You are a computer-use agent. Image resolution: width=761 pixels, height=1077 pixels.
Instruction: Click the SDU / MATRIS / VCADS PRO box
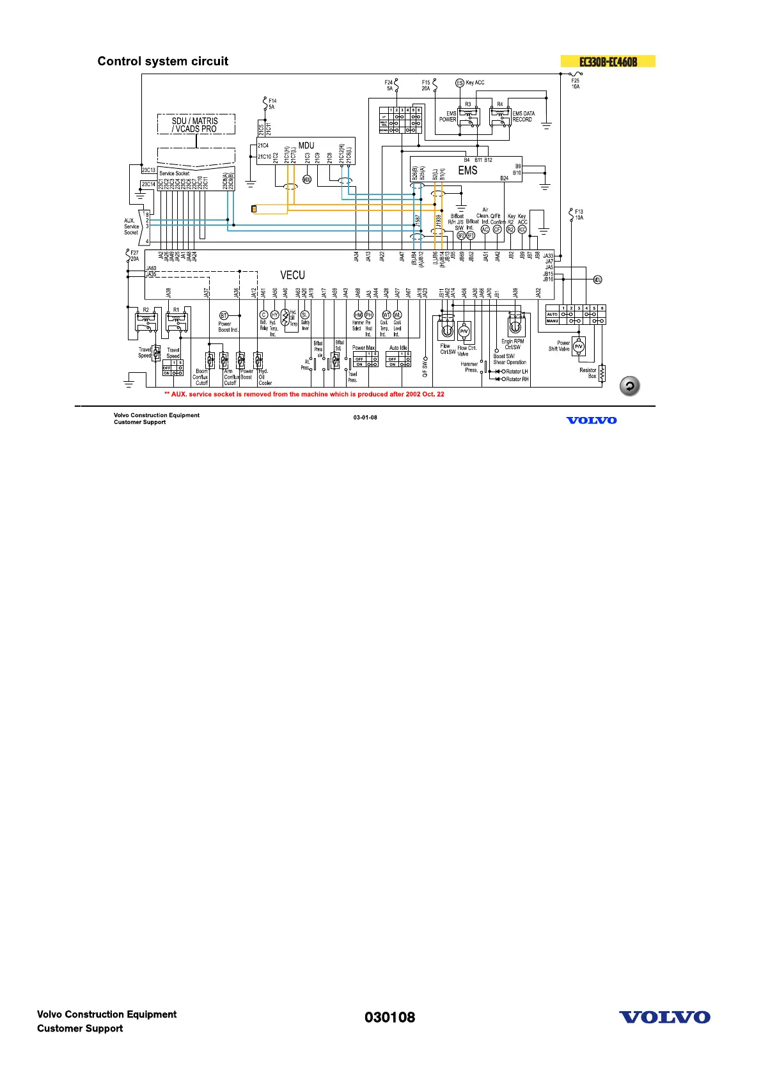pyautogui.click(x=196, y=125)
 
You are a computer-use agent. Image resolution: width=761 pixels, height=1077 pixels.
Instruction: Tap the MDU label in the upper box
pyautogui.click(x=306, y=146)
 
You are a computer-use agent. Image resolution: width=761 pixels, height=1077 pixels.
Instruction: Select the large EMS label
pyautogui.click(x=467, y=171)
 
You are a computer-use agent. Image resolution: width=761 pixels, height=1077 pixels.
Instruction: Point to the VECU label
pyautogui.click(x=292, y=275)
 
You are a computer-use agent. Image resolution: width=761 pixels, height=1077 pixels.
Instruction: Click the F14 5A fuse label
pyautogui.click(x=272, y=104)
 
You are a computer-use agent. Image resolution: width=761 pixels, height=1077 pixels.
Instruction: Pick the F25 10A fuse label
pyautogui.click(x=576, y=84)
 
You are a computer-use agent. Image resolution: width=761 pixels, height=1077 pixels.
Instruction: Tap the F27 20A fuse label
pyautogui.click(x=134, y=256)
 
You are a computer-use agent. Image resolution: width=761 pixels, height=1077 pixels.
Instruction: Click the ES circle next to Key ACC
pyautogui.click(x=459, y=83)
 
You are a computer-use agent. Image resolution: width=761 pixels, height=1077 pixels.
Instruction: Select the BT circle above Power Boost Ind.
pyautogui.click(x=224, y=316)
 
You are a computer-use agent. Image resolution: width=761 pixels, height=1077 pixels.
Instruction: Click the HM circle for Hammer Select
pyautogui.click(x=358, y=315)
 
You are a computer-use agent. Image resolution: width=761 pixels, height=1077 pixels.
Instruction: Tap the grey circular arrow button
pyautogui.click(x=630, y=386)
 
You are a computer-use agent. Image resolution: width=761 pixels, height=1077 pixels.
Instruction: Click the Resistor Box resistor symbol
pyautogui.click(x=602, y=373)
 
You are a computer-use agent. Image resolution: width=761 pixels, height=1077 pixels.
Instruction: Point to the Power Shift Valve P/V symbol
pyautogui.click(x=578, y=347)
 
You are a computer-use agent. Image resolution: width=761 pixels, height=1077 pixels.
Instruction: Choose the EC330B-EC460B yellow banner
pyautogui.click(x=608, y=62)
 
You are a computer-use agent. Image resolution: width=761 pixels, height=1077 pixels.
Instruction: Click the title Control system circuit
pyautogui.click(x=162, y=61)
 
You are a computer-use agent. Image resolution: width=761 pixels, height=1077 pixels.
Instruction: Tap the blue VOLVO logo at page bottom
pyautogui.click(x=664, y=1018)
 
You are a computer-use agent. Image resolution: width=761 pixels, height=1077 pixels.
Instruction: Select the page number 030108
pyautogui.click(x=389, y=1018)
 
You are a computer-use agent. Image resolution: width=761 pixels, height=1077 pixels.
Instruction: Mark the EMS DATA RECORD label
pyautogui.click(x=523, y=116)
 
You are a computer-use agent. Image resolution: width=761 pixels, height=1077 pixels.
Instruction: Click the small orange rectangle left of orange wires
pyautogui.click(x=255, y=209)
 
